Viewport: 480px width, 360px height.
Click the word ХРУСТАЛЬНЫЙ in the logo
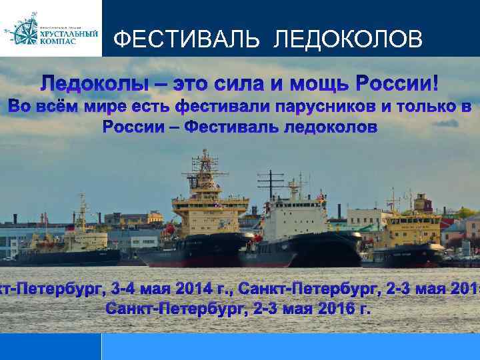[x=69, y=33]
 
